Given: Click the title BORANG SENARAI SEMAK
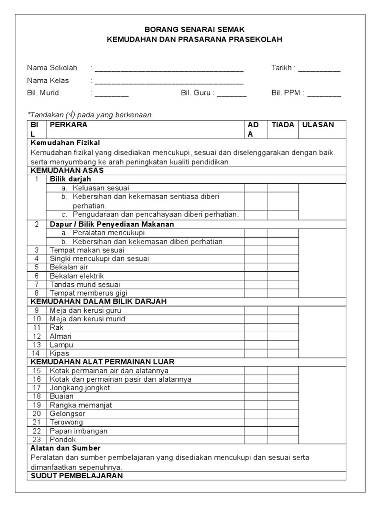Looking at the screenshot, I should pyautogui.click(x=194, y=30).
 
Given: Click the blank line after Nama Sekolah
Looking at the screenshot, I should pyautogui.click(x=169, y=70).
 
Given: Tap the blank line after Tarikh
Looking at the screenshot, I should pyautogui.click(x=319, y=70).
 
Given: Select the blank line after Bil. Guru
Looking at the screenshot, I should pyautogui.click(x=232, y=94).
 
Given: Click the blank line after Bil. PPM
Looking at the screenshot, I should pyautogui.click(x=324, y=94).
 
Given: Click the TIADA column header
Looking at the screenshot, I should pyautogui.click(x=283, y=125).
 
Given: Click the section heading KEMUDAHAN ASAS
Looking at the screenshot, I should pyautogui.click(x=67, y=170).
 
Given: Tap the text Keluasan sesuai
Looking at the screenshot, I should pyautogui.click(x=101, y=188).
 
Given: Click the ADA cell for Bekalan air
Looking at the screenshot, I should pyautogui.click(x=256, y=267).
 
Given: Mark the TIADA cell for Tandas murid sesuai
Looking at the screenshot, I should pyautogui.click(x=283, y=285).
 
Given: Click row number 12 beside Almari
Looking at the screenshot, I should pyautogui.click(x=37, y=336).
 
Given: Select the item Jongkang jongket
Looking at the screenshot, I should pyautogui.click(x=80, y=388).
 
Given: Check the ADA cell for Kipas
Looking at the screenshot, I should pyautogui.click(x=256, y=354).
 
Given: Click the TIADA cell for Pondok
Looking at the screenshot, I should pyautogui.click(x=283, y=439).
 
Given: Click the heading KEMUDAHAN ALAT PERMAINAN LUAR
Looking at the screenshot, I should pyautogui.click(x=102, y=362).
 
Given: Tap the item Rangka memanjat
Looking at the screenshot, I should pyautogui.click(x=81, y=405).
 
